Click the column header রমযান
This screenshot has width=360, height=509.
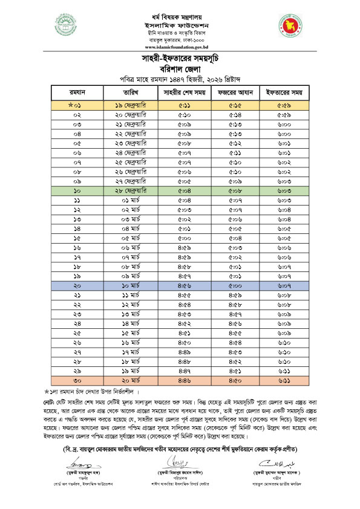[77, 92]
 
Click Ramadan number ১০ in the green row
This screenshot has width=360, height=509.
[77, 190]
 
